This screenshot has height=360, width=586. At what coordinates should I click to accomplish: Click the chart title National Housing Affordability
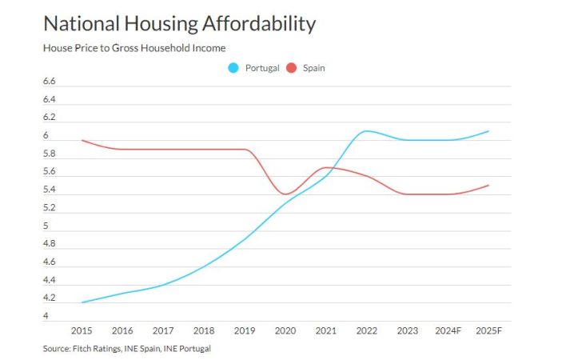[179, 23]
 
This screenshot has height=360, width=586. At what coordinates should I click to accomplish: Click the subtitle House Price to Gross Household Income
[134, 48]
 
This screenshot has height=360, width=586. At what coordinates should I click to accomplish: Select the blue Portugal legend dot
[233, 68]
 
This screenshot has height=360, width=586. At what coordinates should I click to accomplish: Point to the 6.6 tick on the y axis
[49, 82]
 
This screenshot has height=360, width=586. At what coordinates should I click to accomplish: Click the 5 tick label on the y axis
[46, 226]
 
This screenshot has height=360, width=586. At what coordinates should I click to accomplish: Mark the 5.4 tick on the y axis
[49, 190]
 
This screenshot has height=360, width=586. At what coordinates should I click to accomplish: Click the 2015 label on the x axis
[82, 330]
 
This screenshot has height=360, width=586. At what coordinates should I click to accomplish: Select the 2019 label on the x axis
[245, 330]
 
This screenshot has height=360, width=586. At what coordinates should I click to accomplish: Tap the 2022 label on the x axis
[368, 330]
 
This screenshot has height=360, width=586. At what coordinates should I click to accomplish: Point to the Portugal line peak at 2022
[367, 131]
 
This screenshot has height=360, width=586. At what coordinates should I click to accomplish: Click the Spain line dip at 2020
[286, 194]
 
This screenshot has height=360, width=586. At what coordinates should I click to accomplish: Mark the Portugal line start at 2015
[82, 302]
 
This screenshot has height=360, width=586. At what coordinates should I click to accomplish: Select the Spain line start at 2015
[82, 140]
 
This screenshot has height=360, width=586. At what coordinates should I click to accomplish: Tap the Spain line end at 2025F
[489, 186]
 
